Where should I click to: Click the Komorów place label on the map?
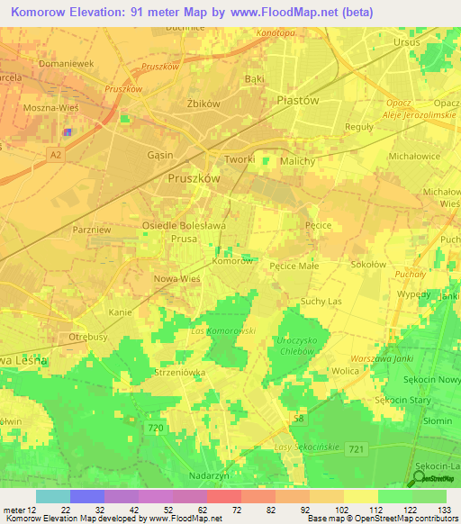[232, 261]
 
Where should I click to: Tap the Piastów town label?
[298, 101]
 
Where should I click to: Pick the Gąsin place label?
[159, 154]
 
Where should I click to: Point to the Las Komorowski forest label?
[224, 331]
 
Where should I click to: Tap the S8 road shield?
[298, 419]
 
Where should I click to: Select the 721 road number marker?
[382, 448]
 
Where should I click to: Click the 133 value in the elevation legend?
[443, 510]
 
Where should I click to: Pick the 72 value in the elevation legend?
[238, 510]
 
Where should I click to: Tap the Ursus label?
[408, 42]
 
